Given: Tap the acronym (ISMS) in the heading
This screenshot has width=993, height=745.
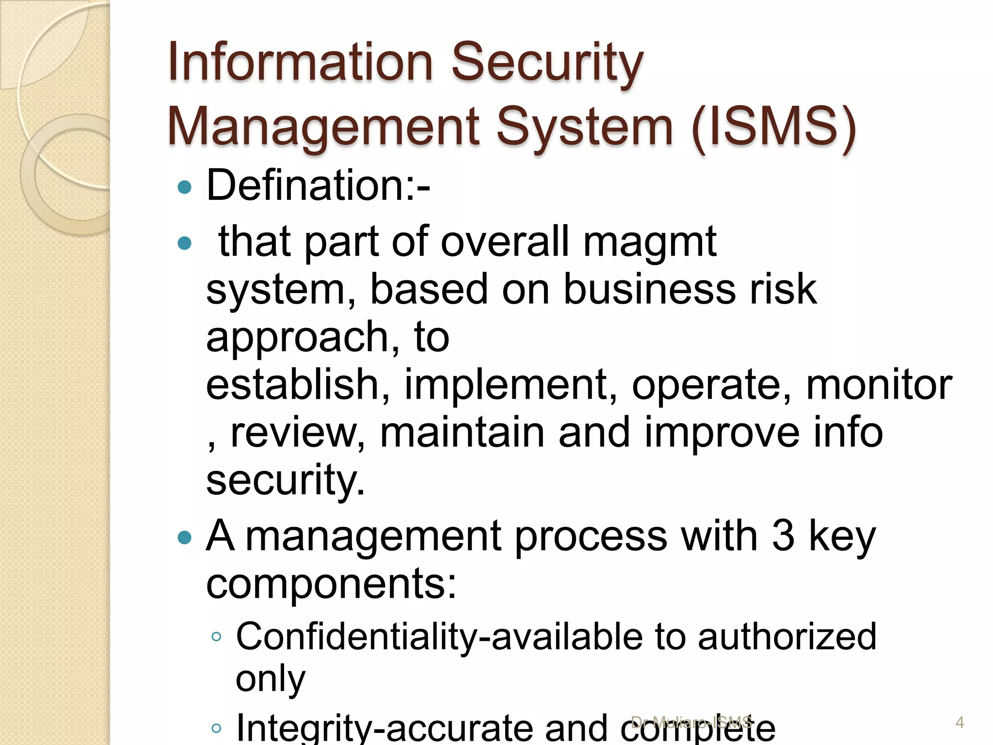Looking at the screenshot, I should click(774, 127).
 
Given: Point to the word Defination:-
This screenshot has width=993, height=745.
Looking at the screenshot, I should click(318, 185).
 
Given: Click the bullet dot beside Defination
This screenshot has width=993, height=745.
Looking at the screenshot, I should click(185, 187).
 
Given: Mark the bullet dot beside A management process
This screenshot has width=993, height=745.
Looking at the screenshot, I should click(185, 537).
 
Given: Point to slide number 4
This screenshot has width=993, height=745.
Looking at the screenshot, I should click(960, 723).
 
